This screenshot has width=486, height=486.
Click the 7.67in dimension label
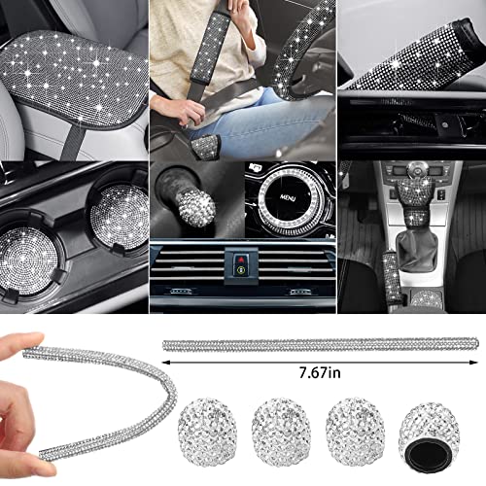pos(320,373)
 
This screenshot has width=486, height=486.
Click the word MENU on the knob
pos(288,197)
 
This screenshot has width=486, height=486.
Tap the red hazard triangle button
pos(241,259)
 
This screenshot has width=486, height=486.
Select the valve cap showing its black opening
pos(424,434)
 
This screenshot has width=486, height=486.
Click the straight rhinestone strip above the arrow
pos(321,344)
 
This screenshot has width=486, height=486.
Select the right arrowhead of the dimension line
pos(473,363)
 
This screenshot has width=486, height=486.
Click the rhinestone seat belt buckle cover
pos(205,144)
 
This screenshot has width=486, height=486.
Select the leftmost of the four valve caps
pos(206,432)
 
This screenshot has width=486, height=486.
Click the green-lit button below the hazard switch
pos(241,269)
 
